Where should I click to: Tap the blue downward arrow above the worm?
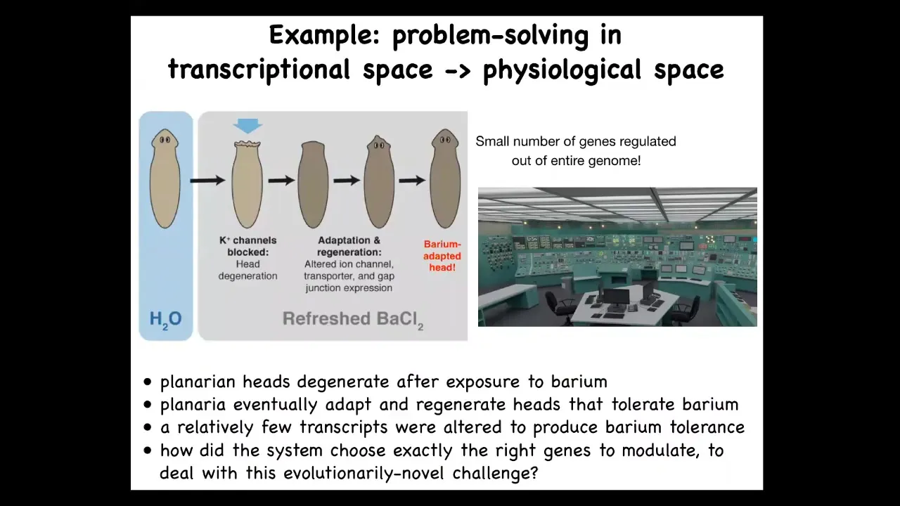[248, 126]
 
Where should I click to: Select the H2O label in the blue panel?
[165, 320]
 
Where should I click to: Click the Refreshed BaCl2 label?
[353, 320]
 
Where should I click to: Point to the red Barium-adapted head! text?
[442, 256]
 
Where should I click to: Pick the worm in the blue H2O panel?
[165, 179]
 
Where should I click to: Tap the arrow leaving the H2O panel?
[207, 181]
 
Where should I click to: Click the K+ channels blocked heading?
[248, 246]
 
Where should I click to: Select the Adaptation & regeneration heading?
[349, 246]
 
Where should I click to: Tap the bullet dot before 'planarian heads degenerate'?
[148, 382]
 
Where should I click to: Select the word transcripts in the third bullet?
[344, 427]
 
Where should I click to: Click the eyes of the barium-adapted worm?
[445, 140]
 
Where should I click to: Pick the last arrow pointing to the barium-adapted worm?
[412, 181]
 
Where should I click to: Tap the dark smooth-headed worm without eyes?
[313, 184]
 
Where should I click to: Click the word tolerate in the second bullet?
[642, 404]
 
